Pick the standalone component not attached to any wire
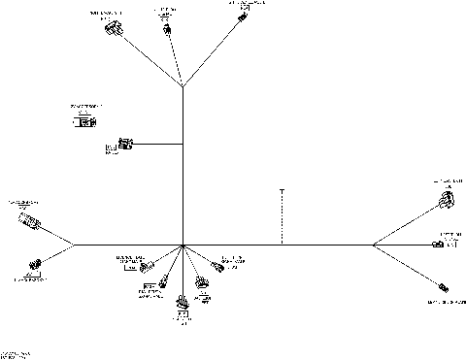pyautogui.click(x=85, y=122)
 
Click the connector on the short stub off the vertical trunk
pyautogui.click(x=124, y=146)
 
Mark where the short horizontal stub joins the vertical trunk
pyautogui.click(x=183, y=146)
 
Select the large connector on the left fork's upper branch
pyautogui.click(x=29, y=220)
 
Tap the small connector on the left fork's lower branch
pyautogui.click(x=37, y=264)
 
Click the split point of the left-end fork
pyautogui.click(x=77, y=245)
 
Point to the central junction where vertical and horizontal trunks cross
pyautogui.click(x=183, y=245)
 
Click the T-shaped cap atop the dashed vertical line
pyautogui.click(x=282, y=190)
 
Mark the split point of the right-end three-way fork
pyautogui.click(x=373, y=245)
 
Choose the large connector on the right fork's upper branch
pyautogui.click(x=446, y=204)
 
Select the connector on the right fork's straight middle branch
pyautogui.click(x=439, y=245)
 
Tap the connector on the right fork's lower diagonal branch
pyautogui.click(x=444, y=287)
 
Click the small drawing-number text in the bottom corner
pyautogui.click(x=17, y=353)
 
